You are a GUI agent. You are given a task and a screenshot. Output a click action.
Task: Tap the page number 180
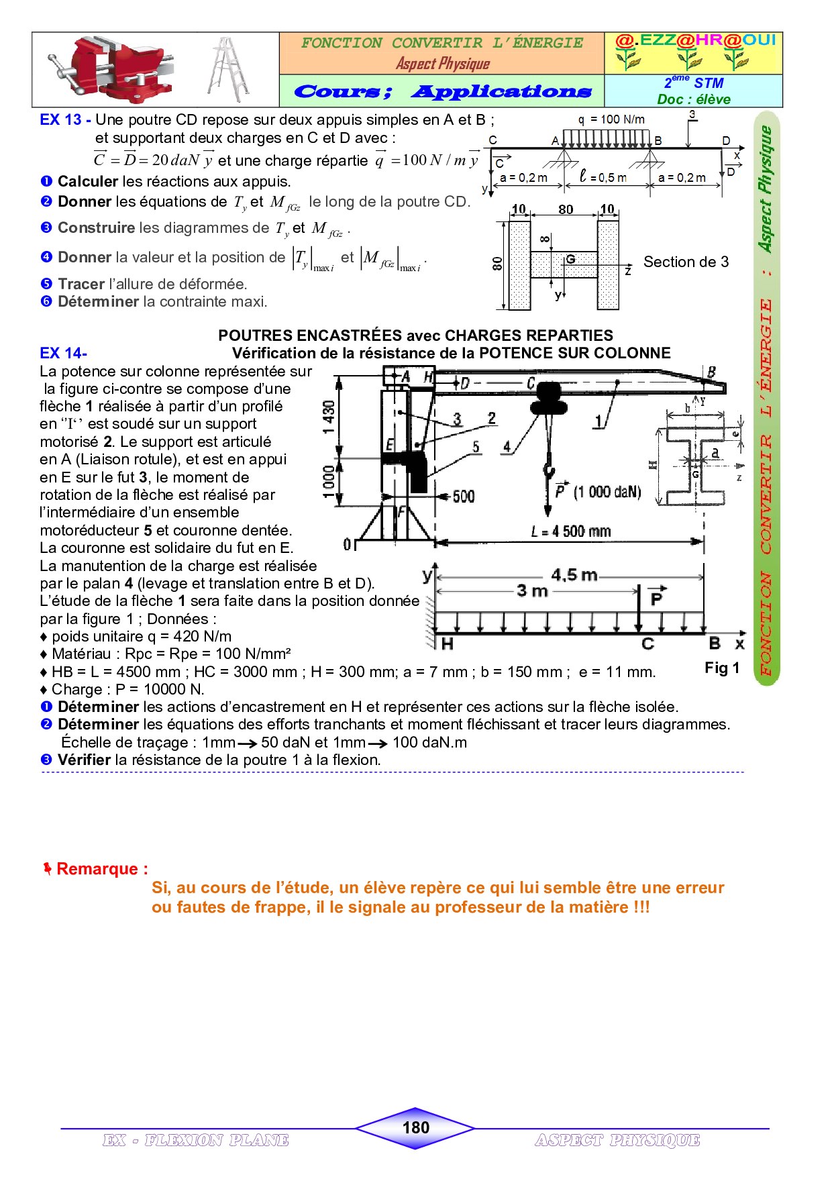click(x=415, y=1127)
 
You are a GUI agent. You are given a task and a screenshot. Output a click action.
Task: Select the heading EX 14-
click(x=63, y=354)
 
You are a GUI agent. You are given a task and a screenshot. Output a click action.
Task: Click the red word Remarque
click(x=101, y=869)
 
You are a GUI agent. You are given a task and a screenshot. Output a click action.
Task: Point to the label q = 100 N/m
click(x=611, y=119)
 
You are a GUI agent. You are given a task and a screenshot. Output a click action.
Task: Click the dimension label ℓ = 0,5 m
click(x=603, y=177)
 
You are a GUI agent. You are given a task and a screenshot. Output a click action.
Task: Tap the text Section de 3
click(x=686, y=262)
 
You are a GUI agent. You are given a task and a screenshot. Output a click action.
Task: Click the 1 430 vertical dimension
click(x=329, y=417)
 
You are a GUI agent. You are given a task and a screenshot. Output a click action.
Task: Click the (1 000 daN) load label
click(x=607, y=492)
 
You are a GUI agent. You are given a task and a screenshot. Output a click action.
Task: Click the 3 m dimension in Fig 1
click(x=532, y=591)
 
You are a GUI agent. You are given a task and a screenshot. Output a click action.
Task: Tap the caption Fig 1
click(x=721, y=668)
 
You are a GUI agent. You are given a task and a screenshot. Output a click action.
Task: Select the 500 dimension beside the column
click(x=463, y=497)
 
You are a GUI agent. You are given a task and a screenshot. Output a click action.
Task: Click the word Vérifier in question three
click(x=84, y=760)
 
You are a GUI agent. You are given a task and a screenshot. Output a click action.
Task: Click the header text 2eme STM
click(x=694, y=83)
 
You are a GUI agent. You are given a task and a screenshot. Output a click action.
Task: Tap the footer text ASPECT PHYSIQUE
click(x=617, y=1140)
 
